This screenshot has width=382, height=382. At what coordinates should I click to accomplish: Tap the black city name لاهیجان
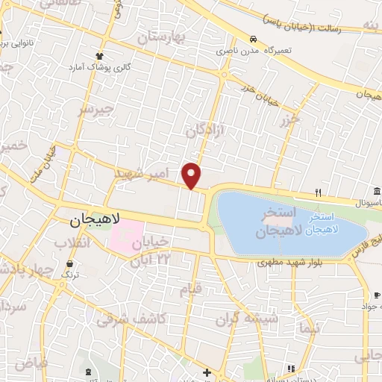click(x=95, y=222)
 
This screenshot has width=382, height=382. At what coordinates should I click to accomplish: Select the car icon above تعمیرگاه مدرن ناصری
click(x=254, y=39)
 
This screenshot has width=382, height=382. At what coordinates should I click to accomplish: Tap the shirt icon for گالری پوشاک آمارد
click(x=99, y=55)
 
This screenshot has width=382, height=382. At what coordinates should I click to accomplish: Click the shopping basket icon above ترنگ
click(x=70, y=264)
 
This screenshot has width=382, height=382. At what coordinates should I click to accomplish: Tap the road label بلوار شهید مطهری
click(x=288, y=263)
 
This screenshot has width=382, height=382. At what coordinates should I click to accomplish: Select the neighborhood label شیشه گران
click(x=246, y=320)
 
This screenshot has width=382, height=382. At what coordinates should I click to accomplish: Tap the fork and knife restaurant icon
click(x=318, y=192)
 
